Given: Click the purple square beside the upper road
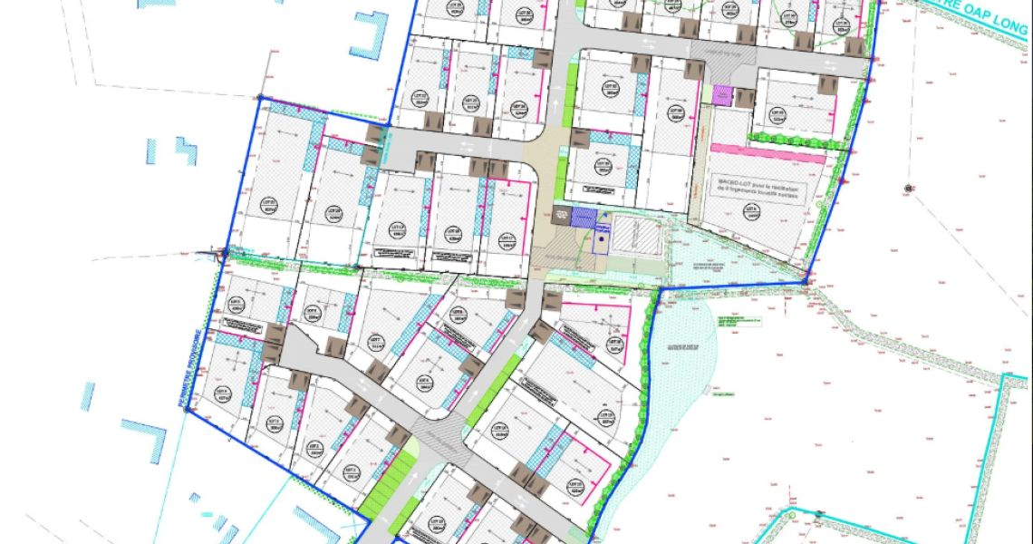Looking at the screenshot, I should [x=721, y=94].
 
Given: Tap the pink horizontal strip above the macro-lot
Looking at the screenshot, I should [x=768, y=153].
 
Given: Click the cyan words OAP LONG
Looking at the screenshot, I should [x=992, y=22].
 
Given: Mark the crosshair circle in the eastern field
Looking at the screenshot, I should [x=907, y=189].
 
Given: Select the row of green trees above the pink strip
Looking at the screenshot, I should [x=797, y=140].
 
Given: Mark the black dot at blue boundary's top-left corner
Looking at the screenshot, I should [x=260, y=97].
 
